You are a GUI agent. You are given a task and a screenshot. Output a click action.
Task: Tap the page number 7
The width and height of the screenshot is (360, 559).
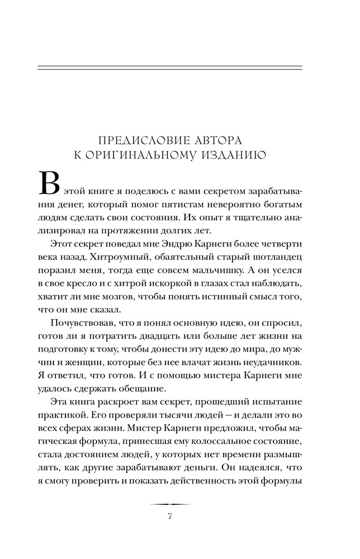(170, 515)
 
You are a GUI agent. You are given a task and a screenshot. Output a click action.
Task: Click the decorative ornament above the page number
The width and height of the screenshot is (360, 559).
(170, 504)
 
